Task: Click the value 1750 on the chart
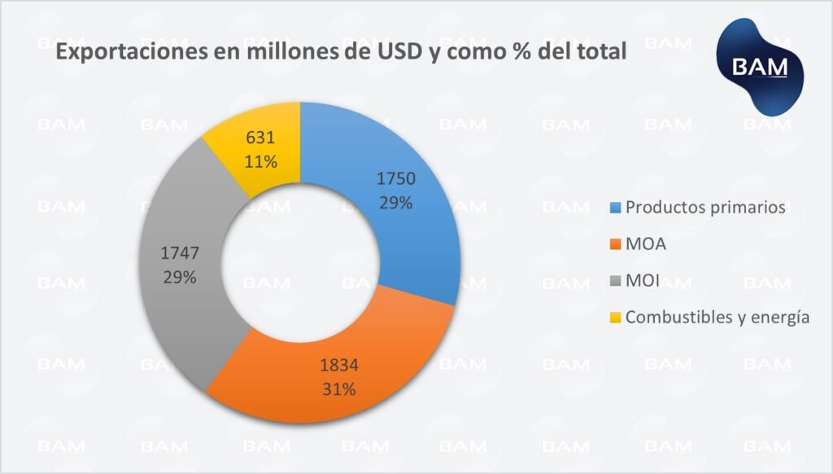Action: click(396, 179)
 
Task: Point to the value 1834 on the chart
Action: click(338, 366)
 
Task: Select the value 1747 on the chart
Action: click(179, 253)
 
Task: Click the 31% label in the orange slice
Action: click(338, 389)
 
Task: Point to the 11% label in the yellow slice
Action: click(260, 161)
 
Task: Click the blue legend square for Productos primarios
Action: click(616, 208)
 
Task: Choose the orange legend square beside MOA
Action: click(616, 244)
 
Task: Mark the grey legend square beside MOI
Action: click(616, 282)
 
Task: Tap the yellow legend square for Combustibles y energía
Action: click(616, 318)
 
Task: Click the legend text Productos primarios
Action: click(706, 207)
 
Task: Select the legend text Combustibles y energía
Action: click(717, 318)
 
